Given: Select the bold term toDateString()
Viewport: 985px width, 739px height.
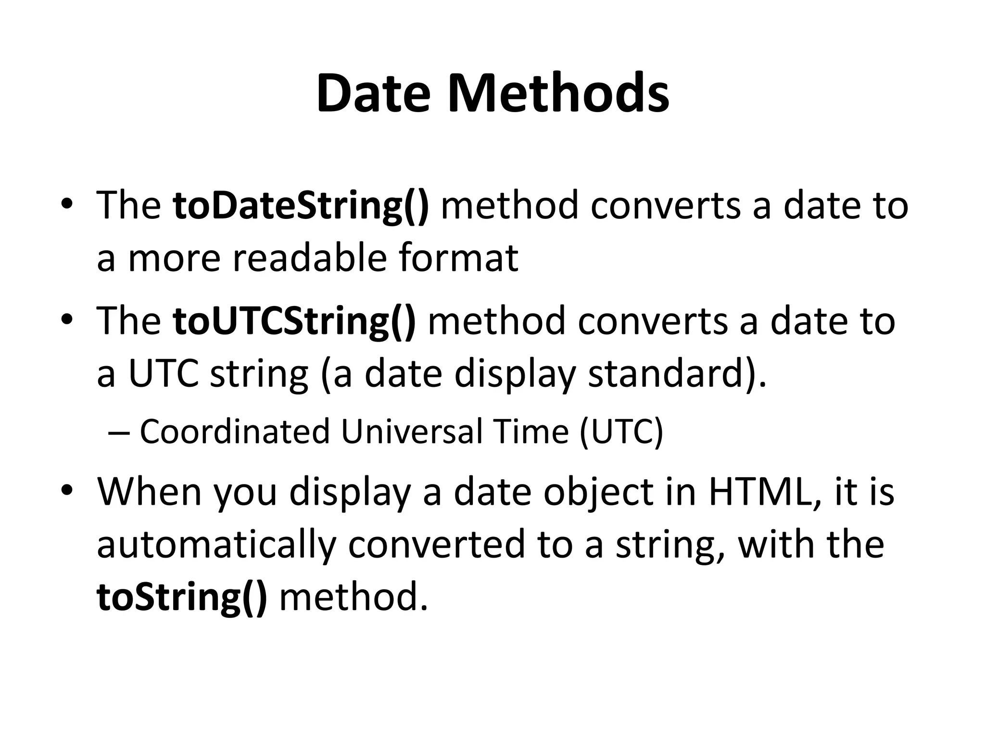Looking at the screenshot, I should (x=301, y=206).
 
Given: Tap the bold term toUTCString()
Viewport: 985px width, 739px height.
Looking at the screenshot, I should (x=294, y=321).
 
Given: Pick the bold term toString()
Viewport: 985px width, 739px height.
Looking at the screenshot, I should (x=182, y=597).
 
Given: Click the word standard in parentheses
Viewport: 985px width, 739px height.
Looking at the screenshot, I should (x=666, y=374).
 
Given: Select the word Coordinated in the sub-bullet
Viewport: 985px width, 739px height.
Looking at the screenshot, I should (x=235, y=432).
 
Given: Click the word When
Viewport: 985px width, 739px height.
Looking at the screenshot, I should (x=149, y=492).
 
